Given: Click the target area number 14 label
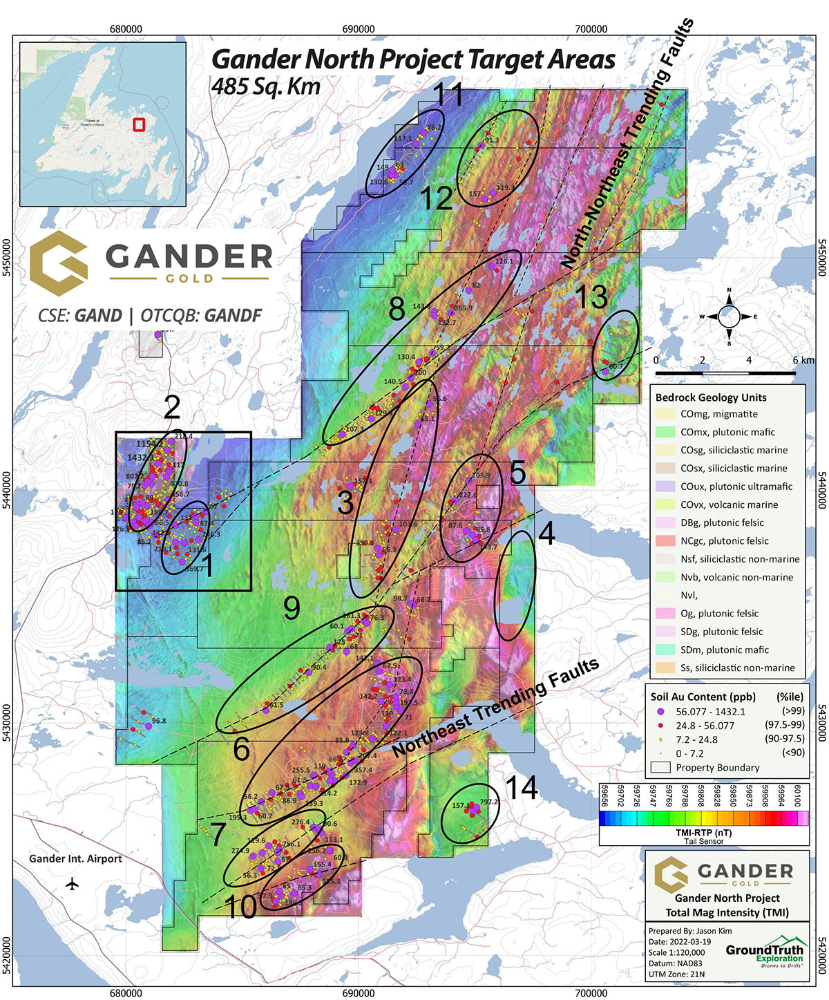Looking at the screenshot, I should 522,787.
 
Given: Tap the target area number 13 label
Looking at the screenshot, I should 591,297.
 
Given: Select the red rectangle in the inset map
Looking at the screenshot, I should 139,124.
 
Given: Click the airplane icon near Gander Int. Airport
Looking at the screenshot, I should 72,883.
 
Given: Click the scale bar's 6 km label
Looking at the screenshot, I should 803,360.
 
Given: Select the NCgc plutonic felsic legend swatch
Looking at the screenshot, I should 665,541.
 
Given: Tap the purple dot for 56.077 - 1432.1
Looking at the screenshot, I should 660,711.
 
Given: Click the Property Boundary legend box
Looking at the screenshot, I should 660,768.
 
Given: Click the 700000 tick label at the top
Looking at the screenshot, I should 591,29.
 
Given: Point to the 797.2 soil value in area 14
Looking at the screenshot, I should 488,802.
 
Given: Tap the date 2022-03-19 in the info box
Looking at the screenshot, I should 687,941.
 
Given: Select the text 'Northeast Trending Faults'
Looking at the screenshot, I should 495,708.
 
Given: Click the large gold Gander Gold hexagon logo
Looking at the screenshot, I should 59,263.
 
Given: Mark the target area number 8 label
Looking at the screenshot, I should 397,309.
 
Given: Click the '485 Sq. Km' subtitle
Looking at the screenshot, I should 266,86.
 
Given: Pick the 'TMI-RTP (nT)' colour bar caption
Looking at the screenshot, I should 703,833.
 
